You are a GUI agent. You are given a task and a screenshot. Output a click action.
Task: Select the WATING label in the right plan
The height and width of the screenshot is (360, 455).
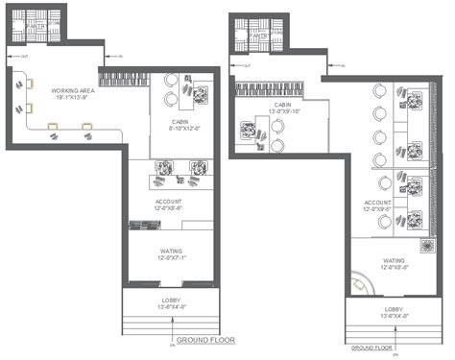tap(394, 260)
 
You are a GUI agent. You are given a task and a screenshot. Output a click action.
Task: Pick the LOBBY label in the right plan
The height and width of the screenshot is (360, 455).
tap(393, 309)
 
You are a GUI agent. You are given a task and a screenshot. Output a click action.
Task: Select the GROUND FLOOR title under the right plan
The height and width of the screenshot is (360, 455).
tap(372, 347)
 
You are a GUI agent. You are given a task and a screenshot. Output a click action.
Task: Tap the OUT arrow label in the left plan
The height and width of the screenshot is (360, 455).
tap(26, 57)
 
